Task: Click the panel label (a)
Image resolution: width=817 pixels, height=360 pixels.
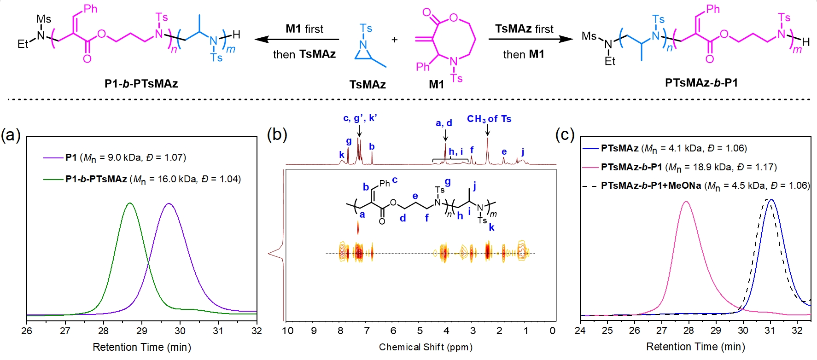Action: tap(11, 135)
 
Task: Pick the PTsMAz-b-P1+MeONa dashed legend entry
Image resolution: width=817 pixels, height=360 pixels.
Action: tap(695, 186)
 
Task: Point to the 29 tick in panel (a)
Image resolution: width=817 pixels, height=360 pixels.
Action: tap(142, 331)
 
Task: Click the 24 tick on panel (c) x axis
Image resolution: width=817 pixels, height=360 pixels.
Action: tap(580, 331)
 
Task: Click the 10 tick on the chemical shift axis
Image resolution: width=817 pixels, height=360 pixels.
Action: tap(288, 331)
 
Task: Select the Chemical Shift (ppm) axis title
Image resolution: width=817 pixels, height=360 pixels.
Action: tap(426, 347)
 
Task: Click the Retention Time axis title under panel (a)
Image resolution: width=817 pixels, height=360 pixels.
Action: tap(142, 347)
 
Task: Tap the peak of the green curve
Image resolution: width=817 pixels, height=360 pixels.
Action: tap(130, 203)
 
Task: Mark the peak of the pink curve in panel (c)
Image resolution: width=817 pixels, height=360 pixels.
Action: tap(687, 202)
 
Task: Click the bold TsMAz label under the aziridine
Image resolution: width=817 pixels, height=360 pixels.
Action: tap(368, 85)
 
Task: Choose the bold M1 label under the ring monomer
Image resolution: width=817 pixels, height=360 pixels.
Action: tap(437, 85)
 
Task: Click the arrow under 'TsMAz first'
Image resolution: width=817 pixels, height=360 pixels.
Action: tap(530, 40)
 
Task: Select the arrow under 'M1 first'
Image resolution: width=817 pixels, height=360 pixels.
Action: tap(297, 40)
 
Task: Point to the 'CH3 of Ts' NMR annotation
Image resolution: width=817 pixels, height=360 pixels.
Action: tap(489, 119)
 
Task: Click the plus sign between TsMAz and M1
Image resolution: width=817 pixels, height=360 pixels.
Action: tap(395, 40)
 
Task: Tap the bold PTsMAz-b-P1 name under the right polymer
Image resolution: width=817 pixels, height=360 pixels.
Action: tap(701, 83)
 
